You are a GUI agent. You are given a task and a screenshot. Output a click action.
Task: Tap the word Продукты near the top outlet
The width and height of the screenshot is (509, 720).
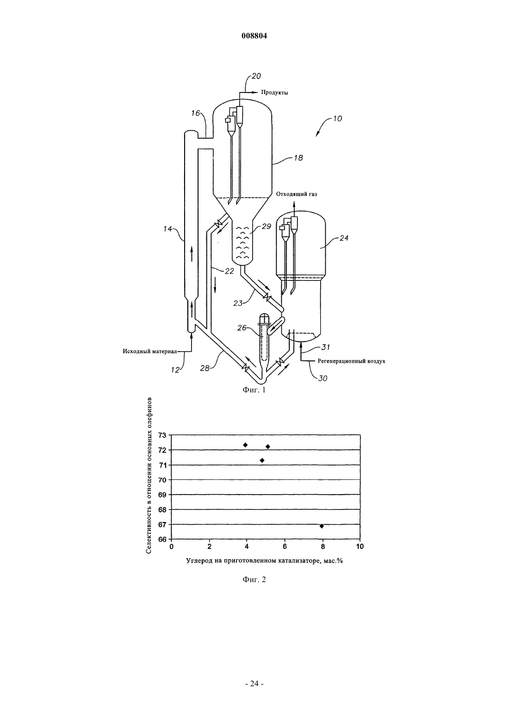coord(274,93)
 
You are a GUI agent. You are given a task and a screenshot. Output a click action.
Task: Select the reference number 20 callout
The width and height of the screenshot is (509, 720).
coord(256,76)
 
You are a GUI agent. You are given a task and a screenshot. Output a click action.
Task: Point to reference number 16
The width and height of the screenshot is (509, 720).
coord(195,113)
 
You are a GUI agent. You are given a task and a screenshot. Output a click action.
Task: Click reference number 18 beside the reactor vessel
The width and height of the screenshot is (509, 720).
coord(298,158)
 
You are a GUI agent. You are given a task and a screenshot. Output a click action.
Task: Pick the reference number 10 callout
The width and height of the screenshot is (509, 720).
coord(337,118)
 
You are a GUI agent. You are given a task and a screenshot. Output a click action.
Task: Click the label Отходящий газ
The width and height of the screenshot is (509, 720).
coord(296,194)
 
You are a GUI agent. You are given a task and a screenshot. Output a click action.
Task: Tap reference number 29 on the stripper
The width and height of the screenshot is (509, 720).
coord(267,227)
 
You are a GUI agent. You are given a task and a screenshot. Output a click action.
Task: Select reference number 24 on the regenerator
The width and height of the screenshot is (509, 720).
coord(344,238)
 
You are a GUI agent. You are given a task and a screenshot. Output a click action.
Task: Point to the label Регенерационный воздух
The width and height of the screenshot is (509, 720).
coord(352,361)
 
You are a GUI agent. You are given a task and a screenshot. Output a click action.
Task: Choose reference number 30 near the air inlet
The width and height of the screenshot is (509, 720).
coord(323,379)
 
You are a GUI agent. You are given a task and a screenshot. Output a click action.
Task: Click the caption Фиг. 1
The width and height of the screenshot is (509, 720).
coord(254,390)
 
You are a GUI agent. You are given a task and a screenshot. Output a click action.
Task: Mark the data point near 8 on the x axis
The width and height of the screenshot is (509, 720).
coord(322,526)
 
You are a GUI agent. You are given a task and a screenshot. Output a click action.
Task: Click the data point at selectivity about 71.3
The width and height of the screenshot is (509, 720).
coord(262,460)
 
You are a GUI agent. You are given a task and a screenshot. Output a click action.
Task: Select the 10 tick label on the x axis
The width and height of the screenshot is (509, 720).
coord(360,546)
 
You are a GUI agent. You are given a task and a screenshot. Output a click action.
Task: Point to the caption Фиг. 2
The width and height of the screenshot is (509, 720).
coord(254,579)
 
